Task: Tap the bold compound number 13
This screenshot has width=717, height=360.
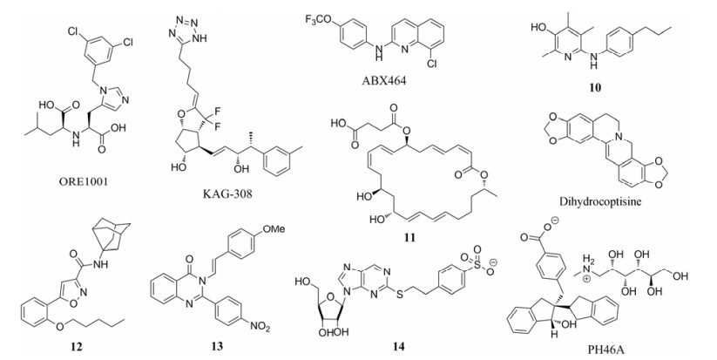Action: point(215,348)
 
